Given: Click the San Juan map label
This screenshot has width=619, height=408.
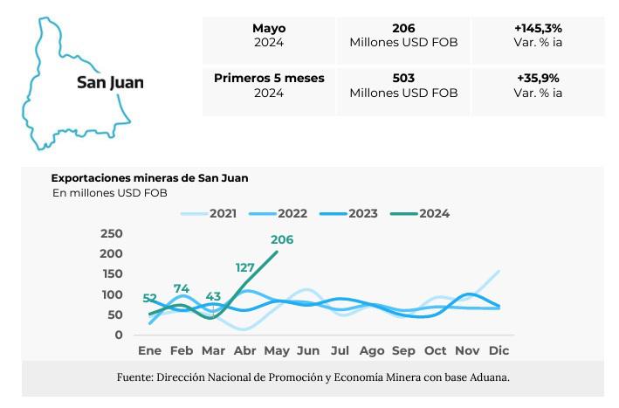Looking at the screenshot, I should click(110, 83).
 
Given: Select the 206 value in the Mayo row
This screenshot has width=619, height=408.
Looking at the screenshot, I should click(403, 28).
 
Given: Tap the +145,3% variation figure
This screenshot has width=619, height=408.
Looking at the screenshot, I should click(537, 28).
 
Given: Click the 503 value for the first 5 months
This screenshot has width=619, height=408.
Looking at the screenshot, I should click(403, 78).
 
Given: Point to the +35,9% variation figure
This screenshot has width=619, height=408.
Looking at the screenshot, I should click(537, 78).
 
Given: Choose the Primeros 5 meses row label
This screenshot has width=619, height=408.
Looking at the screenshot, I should click(269, 78).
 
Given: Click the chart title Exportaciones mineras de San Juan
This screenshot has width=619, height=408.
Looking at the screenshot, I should click(149, 177).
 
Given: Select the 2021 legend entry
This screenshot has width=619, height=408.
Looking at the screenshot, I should click(223, 213).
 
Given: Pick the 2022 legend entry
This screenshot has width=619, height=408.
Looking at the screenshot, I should click(292, 213).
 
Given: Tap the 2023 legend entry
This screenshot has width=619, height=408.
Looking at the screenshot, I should click(361, 213).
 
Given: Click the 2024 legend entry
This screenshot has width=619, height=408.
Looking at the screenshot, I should click(434, 213).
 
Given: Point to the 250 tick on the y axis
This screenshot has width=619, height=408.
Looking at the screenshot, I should click(112, 233).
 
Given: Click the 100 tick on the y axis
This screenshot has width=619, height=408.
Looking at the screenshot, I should click(112, 294).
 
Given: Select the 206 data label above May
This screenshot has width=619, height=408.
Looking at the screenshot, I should click(282, 239).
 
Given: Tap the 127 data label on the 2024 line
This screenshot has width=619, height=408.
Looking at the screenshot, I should click(245, 267).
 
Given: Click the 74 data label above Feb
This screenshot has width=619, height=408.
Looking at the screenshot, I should click(182, 288).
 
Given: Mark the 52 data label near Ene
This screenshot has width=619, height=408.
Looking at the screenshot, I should click(150, 298).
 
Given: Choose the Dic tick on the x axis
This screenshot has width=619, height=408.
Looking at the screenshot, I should click(499, 350).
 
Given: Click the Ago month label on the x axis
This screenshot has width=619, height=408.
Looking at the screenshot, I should click(372, 350).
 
